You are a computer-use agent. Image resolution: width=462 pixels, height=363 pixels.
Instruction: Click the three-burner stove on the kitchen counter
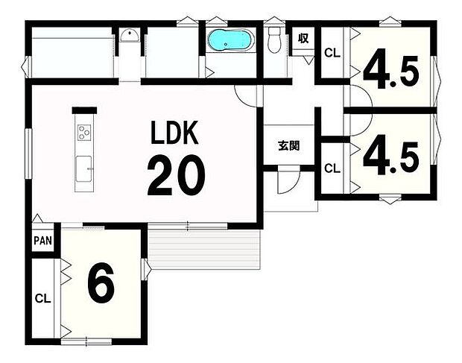(x=84, y=133)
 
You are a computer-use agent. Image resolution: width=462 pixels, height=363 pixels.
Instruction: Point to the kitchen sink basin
(x=84, y=169)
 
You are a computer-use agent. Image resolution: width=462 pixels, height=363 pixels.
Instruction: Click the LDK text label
(x=174, y=133)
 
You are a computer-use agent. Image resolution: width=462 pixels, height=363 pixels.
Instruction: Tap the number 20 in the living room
(x=176, y=176)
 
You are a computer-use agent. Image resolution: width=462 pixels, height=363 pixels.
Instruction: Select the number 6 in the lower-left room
(x=101, y=282)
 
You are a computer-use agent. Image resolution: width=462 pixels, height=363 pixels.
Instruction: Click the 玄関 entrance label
(x=289, y=145)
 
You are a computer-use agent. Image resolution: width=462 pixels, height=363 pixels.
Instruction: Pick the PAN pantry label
(x=43, y=241)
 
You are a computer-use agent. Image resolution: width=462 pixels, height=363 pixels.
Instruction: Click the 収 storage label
(x=303, y=38)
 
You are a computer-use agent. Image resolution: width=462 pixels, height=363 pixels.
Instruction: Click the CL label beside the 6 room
(x=43, y=299)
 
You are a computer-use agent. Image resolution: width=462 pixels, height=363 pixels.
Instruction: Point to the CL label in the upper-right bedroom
(x=332, y=54)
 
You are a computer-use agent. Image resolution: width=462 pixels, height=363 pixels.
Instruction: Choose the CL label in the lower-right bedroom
(x=332, y=168)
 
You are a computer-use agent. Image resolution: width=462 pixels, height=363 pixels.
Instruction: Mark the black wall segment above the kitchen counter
(x=84, y=110)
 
